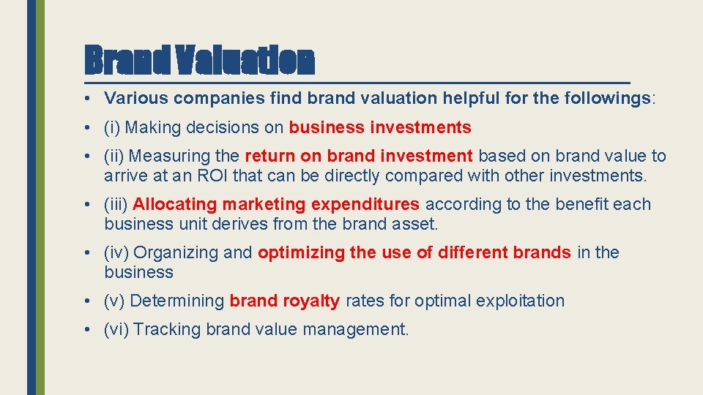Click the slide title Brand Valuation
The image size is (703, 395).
pos(199,61)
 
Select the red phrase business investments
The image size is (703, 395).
pos(380,127)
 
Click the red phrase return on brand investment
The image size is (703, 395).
pos(359,156)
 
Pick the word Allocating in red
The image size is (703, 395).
pos(174,204)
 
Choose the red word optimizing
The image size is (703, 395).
pos(301,252)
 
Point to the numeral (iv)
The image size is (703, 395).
pos(116,252)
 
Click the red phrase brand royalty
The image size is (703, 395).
pos(285,301)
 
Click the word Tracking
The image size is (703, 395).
pos(167,329)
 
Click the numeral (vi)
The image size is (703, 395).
pos(116,329)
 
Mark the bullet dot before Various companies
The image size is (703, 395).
pos(87,99)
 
